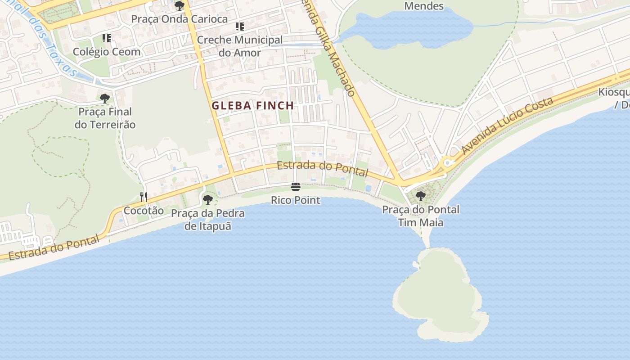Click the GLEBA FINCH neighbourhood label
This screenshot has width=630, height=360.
[x=253, y=106]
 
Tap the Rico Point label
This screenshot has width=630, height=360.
[x=296, y=200]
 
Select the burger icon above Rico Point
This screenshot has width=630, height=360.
[x=296, y=186]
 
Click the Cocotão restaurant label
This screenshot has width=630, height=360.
[x=144, y=211]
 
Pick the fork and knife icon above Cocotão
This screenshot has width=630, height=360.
[x=144, y=197]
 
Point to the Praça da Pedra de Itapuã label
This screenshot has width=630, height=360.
[x=208, y=220]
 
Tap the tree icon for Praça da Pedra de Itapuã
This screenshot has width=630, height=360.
[x=207, y=199]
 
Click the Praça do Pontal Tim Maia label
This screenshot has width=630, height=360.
[x=421, y=216]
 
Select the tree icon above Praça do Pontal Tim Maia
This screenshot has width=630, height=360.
[x=421, y=196]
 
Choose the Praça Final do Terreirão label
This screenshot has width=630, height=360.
[x=105, y=118]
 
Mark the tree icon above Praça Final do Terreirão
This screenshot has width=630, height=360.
[x=105, y=98]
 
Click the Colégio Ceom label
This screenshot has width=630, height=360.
[x=107, y=52]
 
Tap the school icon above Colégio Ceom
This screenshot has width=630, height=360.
[x=107, y=38]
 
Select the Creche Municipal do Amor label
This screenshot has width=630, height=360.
[x=240, y=46]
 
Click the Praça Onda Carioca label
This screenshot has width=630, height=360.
[x=180, y=19]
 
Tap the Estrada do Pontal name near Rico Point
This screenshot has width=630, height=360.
[x=322, y=169]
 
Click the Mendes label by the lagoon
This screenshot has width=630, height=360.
[x=424, y=6]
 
